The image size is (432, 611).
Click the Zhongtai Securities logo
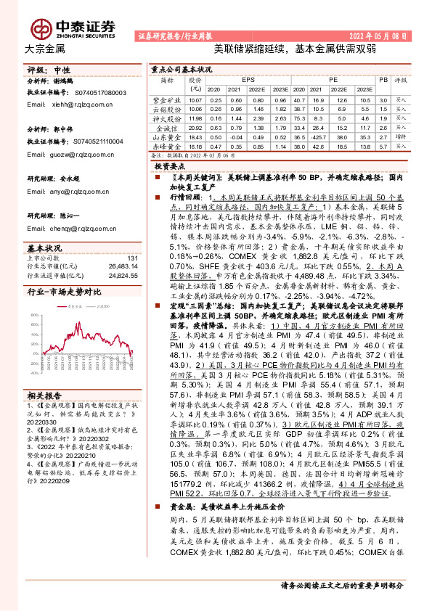pyautogui.click(x=76, y=27)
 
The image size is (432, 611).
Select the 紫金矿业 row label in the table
pyautogui.click(x=165, y=99)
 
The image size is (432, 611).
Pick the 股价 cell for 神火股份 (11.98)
pyautogui.click(x=195, y=118)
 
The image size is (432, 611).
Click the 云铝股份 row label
pyautogui.click(x=165, y=108)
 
